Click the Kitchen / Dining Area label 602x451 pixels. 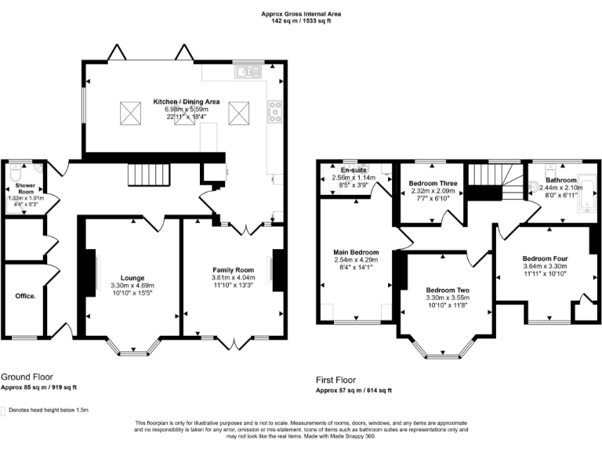point(186,102)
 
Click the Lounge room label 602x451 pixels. point(132,278)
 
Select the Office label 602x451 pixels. point(25,296)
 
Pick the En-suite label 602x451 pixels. point(354,169)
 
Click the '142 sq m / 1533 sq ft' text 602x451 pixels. point(301,21)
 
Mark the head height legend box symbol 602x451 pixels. point(4,410)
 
